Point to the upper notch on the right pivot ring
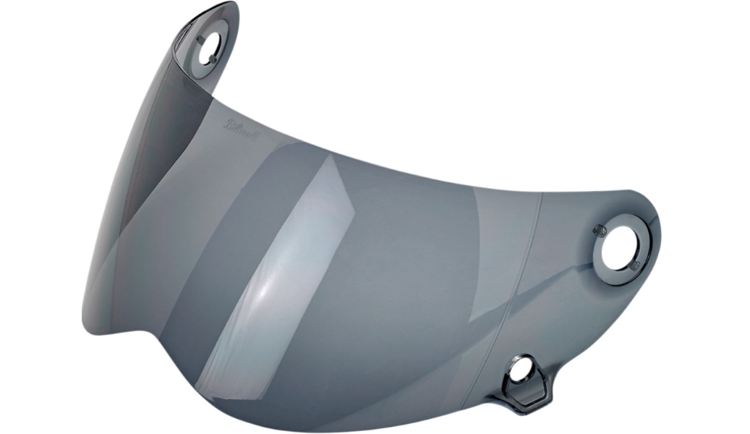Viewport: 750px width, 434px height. coord(599,230)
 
